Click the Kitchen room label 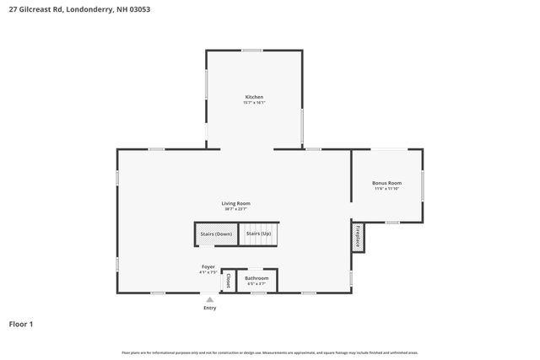point(254,97)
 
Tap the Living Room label point(235,203)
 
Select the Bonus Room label point(386,183)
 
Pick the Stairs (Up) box point(258,234)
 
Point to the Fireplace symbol point(357,236)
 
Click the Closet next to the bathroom point(228,281)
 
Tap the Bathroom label point(256,278)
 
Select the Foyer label point(208,266)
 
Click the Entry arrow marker point(209,298)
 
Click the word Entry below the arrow point(209,308)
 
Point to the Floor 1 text point(21,324)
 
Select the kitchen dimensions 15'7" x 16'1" point(254,103)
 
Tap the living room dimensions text point(235,209)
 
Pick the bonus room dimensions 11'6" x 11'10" point(386,189)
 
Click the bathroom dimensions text point(256,284)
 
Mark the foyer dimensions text point(208,272)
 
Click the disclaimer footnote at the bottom point(270,352)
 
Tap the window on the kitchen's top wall point(251,51)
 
